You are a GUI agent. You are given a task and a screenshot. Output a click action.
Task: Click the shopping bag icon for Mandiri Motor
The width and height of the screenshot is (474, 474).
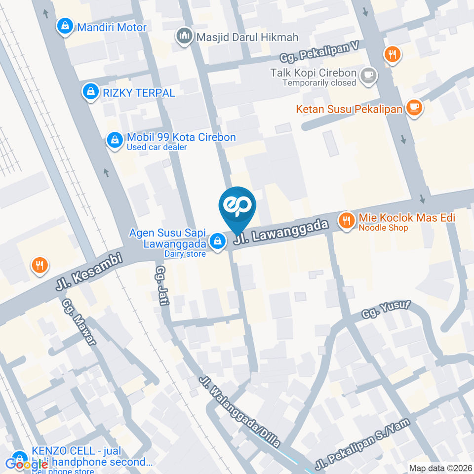pyautogui.click(x=64, y=27)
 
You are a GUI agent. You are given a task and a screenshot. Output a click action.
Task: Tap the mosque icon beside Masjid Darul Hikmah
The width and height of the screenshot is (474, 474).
pyautogui.click(x=185, y=37)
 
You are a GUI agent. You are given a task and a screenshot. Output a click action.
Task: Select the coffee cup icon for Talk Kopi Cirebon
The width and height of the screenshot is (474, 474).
pyautogui.click(x=368, y=76)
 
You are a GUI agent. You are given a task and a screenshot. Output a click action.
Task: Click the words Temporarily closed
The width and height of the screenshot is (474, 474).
pyautogui.click(x=319, y=83)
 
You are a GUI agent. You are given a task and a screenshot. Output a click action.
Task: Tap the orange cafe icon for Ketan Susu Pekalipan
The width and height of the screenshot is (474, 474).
pyautogui.click(x=413, y=108)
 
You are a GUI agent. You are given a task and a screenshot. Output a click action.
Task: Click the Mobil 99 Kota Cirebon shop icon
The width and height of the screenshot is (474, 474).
pyautogui.click(x=115, y=141)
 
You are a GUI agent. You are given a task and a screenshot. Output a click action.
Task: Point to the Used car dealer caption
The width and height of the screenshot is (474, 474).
pyautogui.click(x=157, y=147)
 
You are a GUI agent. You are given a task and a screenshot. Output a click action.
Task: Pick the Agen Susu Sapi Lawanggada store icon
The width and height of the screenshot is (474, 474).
pyautogui.click(x=217, y=241)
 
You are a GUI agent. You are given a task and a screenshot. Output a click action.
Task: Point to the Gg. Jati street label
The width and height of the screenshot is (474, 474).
pyautogui.click(x=162, y=286)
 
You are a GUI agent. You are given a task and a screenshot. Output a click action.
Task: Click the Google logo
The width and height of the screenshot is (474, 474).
pyautogui.click(x=27, y=464)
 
